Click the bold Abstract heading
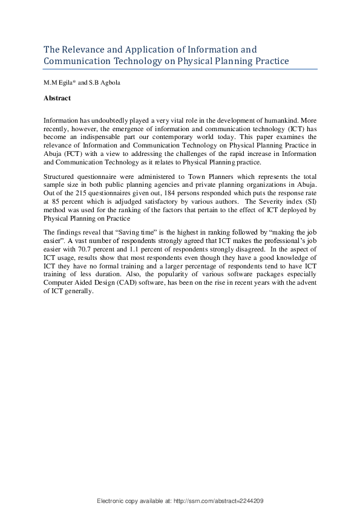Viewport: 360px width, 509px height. (57, 98)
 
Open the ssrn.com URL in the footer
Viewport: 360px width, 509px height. (220, 501)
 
